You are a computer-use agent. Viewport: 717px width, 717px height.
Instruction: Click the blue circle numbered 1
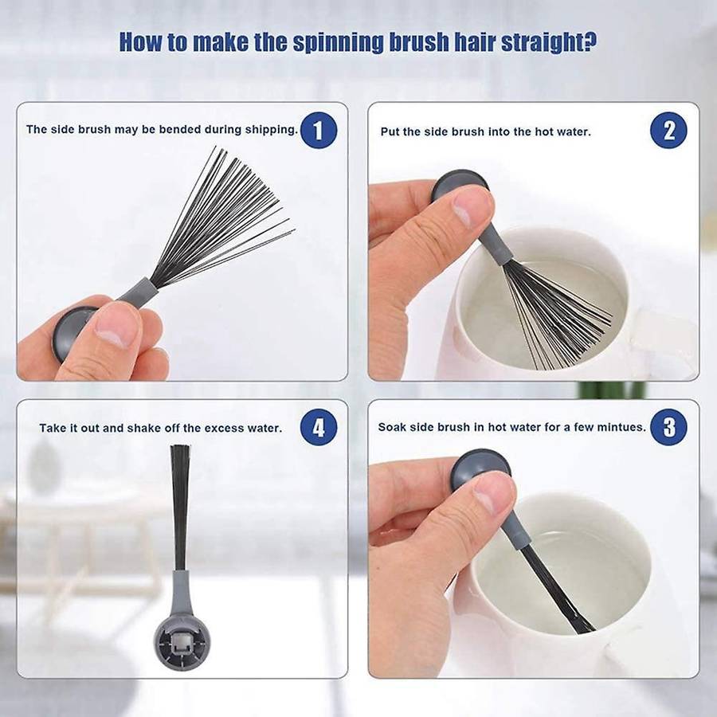tap(319, 131)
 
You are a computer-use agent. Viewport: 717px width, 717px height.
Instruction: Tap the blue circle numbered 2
tap(668, 131)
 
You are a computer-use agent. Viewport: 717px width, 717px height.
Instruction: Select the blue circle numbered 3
tap(668, 427)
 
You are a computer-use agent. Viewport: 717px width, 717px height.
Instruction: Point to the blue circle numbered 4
tap(319, 427)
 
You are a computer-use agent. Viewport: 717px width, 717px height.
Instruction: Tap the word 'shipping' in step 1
tap(272, 130)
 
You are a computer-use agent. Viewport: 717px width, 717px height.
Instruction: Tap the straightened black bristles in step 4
tap(180, 507)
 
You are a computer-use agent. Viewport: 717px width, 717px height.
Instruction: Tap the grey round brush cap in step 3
tap(480, 465)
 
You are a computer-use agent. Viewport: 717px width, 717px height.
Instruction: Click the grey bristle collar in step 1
tap(138, 290)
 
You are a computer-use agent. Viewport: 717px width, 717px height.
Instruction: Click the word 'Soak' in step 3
tap(392, 427)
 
